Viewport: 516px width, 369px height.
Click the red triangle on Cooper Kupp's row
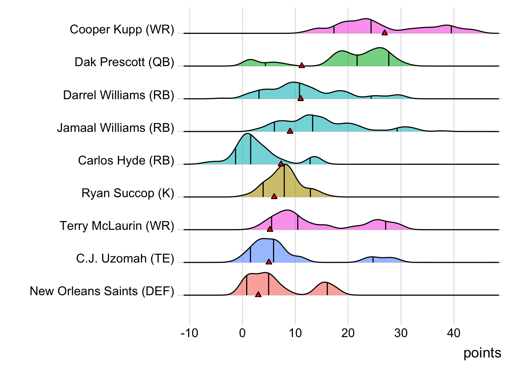coord(384,33)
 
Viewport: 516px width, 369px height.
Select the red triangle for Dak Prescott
coord(302,66)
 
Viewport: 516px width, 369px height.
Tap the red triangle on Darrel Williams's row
coord(301,98)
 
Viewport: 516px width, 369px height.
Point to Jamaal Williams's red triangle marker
coord(290,131)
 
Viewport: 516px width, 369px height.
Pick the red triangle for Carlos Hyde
coord(281,164)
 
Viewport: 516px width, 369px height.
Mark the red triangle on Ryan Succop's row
coord(274,196)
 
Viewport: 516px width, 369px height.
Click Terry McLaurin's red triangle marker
coord(270,229)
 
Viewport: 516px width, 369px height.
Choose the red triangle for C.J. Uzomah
coord(269,262)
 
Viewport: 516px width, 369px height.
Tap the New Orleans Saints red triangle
coord(258,294)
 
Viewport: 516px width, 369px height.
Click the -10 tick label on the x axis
coord(189,333)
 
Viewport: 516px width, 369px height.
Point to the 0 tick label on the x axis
coord(242,333)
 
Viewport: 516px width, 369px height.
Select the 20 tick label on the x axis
coord(348,333)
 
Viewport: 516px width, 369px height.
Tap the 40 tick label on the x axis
coord(453,333)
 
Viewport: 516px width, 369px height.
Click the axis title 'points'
coord(482,353)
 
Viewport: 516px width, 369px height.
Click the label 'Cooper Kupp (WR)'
coord(122,29)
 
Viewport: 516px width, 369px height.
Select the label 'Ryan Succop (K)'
coord(127,193)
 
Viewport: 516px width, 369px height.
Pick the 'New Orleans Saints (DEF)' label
coord(102,291)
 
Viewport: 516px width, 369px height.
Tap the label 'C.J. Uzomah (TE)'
coord(125,258)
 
